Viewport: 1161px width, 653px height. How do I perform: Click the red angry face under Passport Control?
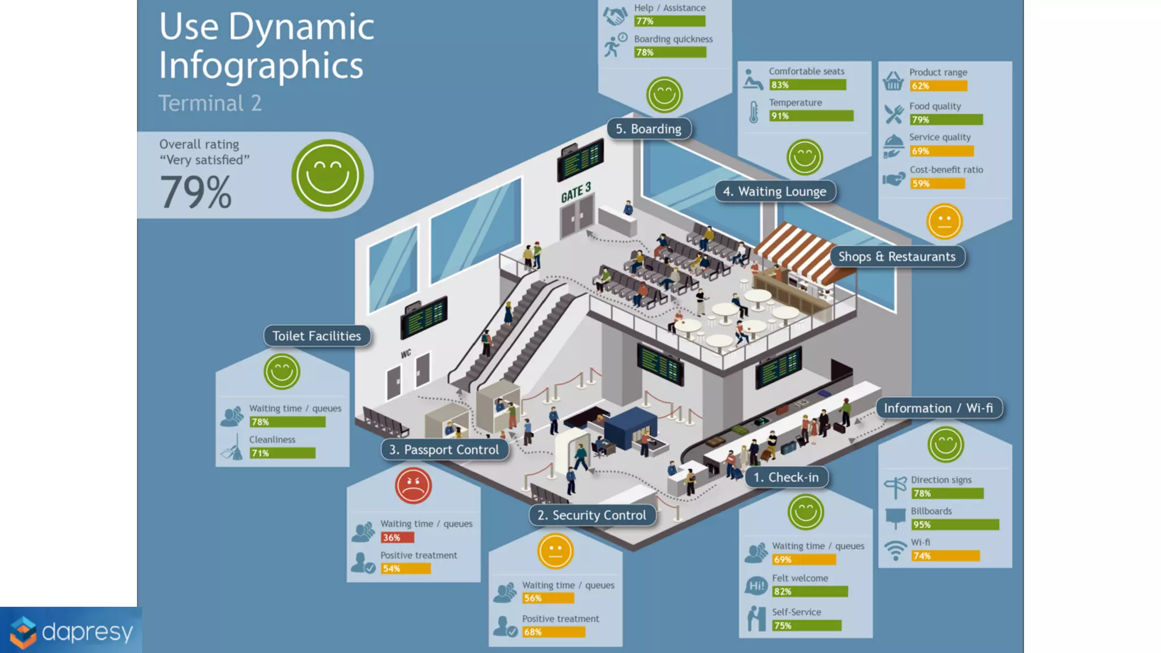413,486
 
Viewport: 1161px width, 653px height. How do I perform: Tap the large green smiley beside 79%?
328,175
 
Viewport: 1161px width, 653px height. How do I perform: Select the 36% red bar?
397,537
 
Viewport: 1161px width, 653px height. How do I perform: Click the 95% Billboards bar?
955,525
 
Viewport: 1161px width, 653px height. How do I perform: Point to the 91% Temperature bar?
811,116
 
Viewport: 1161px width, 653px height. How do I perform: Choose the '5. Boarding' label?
649,129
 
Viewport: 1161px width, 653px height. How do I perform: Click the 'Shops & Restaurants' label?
897,257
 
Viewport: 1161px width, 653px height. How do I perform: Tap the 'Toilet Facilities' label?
316,336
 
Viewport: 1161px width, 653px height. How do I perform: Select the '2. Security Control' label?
591,515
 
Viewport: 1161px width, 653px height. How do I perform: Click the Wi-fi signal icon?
896,549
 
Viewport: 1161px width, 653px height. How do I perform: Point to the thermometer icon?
753,112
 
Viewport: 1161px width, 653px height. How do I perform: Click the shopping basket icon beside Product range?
893,81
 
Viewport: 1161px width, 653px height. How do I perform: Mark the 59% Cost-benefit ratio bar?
937,184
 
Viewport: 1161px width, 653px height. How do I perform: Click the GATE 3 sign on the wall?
576,193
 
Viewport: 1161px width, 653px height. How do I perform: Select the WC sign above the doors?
406,354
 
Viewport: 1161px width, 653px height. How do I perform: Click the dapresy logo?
71,631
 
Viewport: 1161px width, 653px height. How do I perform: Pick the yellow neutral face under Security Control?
556,551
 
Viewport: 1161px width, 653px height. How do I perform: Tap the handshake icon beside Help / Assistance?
615,16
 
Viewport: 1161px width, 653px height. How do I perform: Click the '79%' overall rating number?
196,192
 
